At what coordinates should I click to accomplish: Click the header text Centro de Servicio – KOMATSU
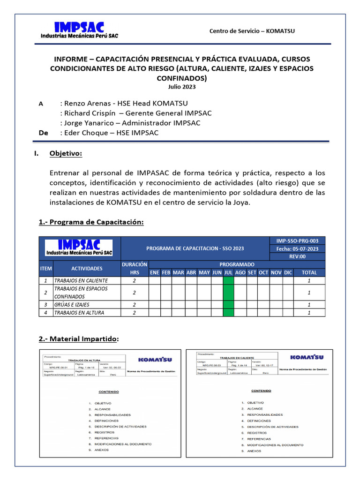click(252, 31)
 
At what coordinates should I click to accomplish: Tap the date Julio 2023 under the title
click(182, 87)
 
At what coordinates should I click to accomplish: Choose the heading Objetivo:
click(66, 154)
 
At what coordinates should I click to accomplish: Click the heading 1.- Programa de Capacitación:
click(90, 222)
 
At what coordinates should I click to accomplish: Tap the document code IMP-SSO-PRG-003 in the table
click(297, 241)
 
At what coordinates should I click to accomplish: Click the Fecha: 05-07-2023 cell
click(297, 249)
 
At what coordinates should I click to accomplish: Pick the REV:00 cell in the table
click(297, 257)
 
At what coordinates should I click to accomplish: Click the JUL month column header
click(228, 272)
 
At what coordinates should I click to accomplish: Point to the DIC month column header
click(288, 272)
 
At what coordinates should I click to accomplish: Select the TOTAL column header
click(309, 272)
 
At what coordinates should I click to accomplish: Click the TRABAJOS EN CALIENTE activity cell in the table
click(81, 280)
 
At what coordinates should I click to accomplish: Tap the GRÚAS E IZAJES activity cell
click(72, 305)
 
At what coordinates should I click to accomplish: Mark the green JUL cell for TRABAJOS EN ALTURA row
click(228, 313)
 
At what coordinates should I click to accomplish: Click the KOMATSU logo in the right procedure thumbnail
click(306, 357)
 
